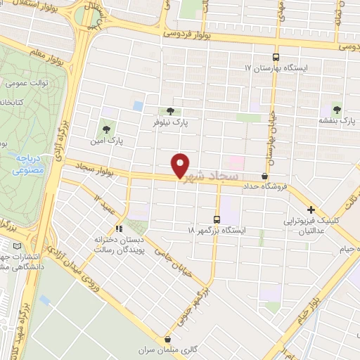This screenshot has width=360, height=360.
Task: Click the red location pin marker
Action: (x=181, y=165)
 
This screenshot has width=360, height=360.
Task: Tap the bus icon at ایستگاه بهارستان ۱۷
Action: (x=276, y=57)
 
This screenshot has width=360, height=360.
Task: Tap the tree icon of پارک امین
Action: (x=106, y=129)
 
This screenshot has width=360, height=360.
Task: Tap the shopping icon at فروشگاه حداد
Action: (x=264, y=176)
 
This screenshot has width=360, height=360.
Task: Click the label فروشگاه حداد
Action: (x=268, y=187)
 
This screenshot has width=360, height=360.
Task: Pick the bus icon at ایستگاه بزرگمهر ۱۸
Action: (x=217, y=219)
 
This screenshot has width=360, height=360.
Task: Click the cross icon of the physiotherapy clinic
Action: (x=311, y=210)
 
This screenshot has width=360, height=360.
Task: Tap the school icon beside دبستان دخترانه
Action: (x=120, y=228)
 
